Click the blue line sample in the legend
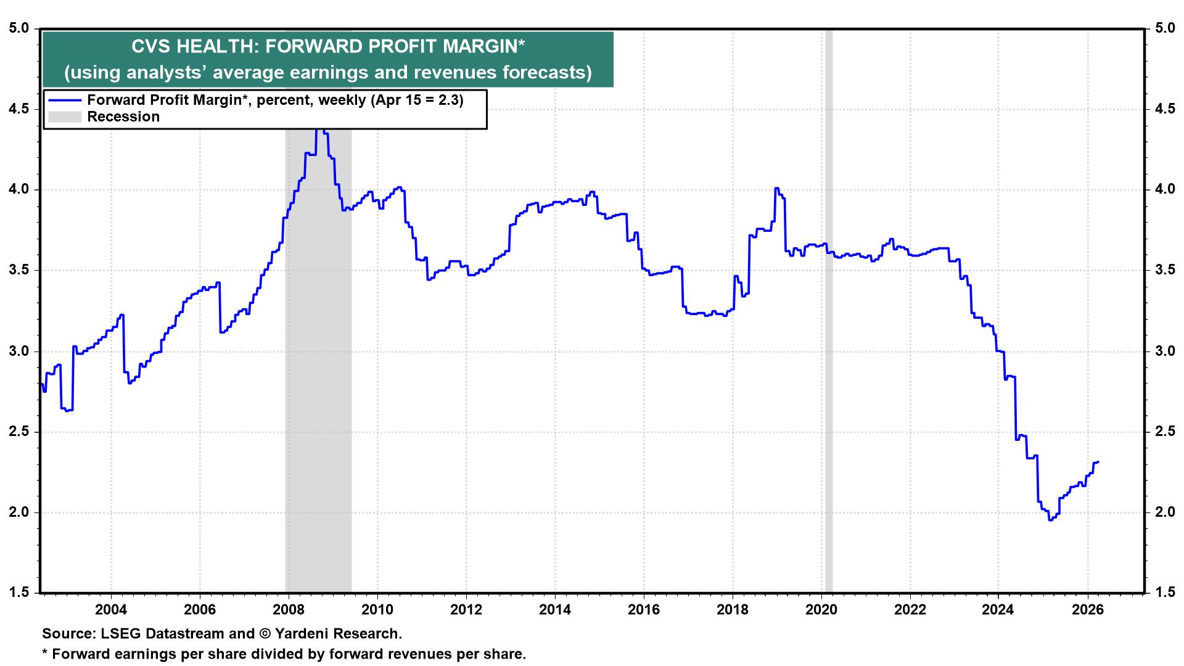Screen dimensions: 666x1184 65,100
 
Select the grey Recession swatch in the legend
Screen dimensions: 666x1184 65,117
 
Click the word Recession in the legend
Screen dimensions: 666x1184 123,117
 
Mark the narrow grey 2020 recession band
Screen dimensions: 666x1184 829,308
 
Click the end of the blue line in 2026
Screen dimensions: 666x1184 1098,462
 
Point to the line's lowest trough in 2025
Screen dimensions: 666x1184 1050,520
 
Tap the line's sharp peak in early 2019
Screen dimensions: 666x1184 776,188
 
